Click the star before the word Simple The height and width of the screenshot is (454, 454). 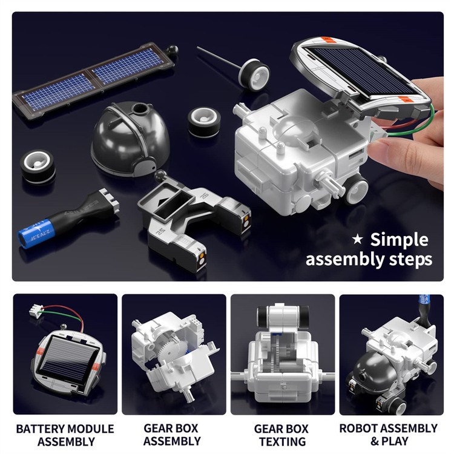[357, 239]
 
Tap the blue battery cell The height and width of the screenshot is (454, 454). [36, 234]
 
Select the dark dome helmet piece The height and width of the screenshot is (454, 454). [130, 139]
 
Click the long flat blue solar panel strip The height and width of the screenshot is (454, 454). [93, 80]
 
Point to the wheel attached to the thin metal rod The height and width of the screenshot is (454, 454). [254, 74]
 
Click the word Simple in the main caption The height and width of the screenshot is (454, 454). [400, 240]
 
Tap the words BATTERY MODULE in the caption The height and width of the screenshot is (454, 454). [65, 429]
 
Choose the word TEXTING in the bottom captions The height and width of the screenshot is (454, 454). [282, 441]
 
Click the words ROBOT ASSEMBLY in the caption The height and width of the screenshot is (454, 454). [388, 428]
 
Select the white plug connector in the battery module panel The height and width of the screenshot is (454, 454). [36, 311]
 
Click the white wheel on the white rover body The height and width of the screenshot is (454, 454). [357, 189]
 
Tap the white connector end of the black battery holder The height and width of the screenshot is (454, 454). [109, 200]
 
